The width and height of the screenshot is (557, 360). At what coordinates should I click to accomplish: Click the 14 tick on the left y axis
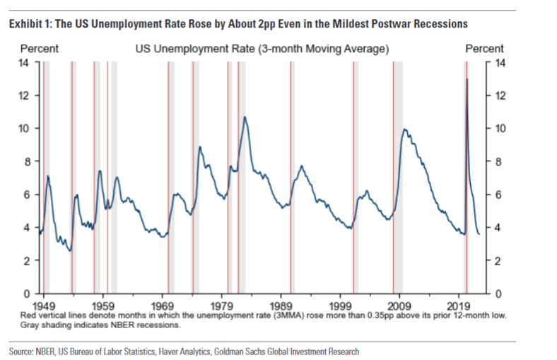(24, 62)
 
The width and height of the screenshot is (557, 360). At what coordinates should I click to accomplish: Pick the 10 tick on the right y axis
(498, 128)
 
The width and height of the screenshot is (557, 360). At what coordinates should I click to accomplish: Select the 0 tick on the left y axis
(27, 293)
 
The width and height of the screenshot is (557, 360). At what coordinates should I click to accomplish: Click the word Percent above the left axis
(39, 49)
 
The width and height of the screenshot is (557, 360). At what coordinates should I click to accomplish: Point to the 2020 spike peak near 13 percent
(467, 79)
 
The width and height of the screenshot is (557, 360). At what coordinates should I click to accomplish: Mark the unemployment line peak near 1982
(245, 117)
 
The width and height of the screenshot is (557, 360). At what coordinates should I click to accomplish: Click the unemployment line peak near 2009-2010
(404, 129)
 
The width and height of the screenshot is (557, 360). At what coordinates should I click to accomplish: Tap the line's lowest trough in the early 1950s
(69, 250)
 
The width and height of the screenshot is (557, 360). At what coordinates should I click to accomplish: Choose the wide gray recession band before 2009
(398, 177)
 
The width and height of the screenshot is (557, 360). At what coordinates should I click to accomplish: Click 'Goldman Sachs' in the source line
(256, 351)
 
